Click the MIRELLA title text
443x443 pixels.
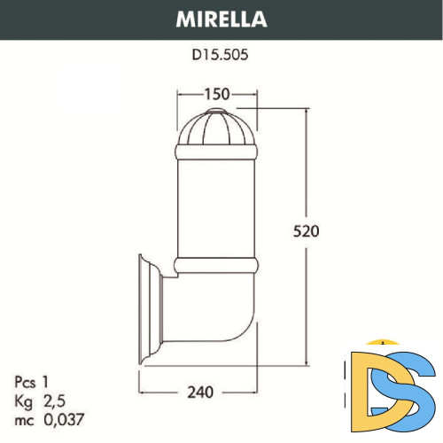(x=221, y=18)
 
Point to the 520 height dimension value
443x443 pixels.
(x=304, y=231)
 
